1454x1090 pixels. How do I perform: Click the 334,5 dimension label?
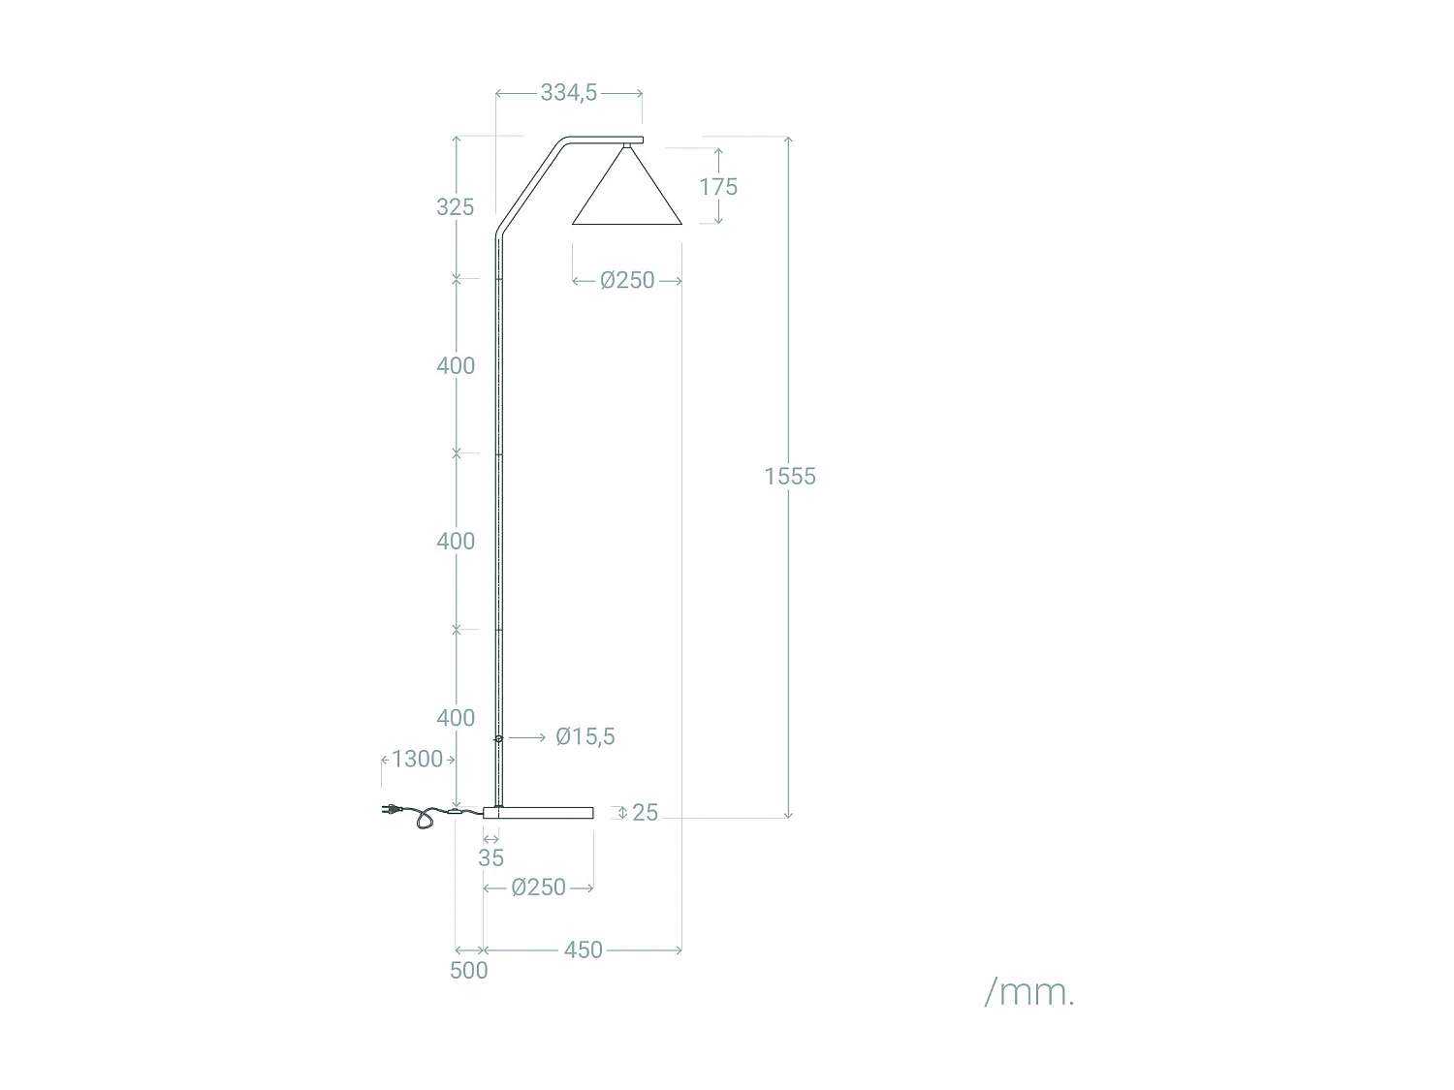point(568,93)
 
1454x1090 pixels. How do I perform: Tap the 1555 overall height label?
point(790,476)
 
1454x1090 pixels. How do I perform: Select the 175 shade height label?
point(718,187)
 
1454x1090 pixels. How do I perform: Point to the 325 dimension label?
point(455,206)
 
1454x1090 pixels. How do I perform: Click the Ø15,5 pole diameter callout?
point(585,737)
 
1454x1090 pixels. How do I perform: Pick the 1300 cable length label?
point(417,759)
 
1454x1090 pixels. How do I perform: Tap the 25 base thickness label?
point(645,813)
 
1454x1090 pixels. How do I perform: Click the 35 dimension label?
point(491,857)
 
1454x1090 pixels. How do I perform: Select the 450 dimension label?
point(583,950)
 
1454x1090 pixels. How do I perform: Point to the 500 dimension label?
point(469,971)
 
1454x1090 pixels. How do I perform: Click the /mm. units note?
point(1029,992)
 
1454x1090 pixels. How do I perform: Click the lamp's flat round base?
point(538,812)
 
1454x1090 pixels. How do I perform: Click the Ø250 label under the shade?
point(627,280)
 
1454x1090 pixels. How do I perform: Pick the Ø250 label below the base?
point(538,888)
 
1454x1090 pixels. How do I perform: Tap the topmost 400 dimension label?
point(455,365)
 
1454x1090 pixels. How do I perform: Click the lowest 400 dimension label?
point(455,718)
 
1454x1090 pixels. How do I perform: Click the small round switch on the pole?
point(498,738)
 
